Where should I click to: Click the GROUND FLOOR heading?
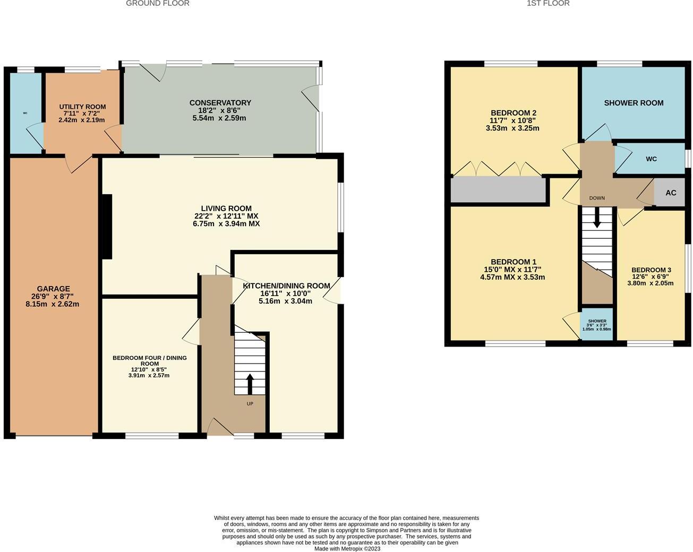point(157,3)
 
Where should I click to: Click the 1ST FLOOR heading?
point(548,3)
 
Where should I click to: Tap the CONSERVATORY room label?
point(220,102)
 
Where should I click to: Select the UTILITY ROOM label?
point(82,107)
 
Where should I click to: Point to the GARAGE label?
point(53,289)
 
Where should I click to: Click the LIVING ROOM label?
point(226,209)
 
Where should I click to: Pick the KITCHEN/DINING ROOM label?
point(286,286)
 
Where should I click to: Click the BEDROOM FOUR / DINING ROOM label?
point(149,361)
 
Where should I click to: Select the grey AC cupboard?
point(671,193)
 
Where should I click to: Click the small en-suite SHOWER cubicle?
point(597,324)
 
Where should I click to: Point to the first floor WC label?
point(651,159)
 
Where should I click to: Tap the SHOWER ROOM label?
point(634,103)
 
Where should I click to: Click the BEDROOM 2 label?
point(513,113)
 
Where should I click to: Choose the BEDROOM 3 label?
point(651,270)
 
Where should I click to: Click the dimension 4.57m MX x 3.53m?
point(512,277)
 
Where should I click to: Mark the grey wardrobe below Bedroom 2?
point(498,189)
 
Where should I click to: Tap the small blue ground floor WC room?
point(25,113)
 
